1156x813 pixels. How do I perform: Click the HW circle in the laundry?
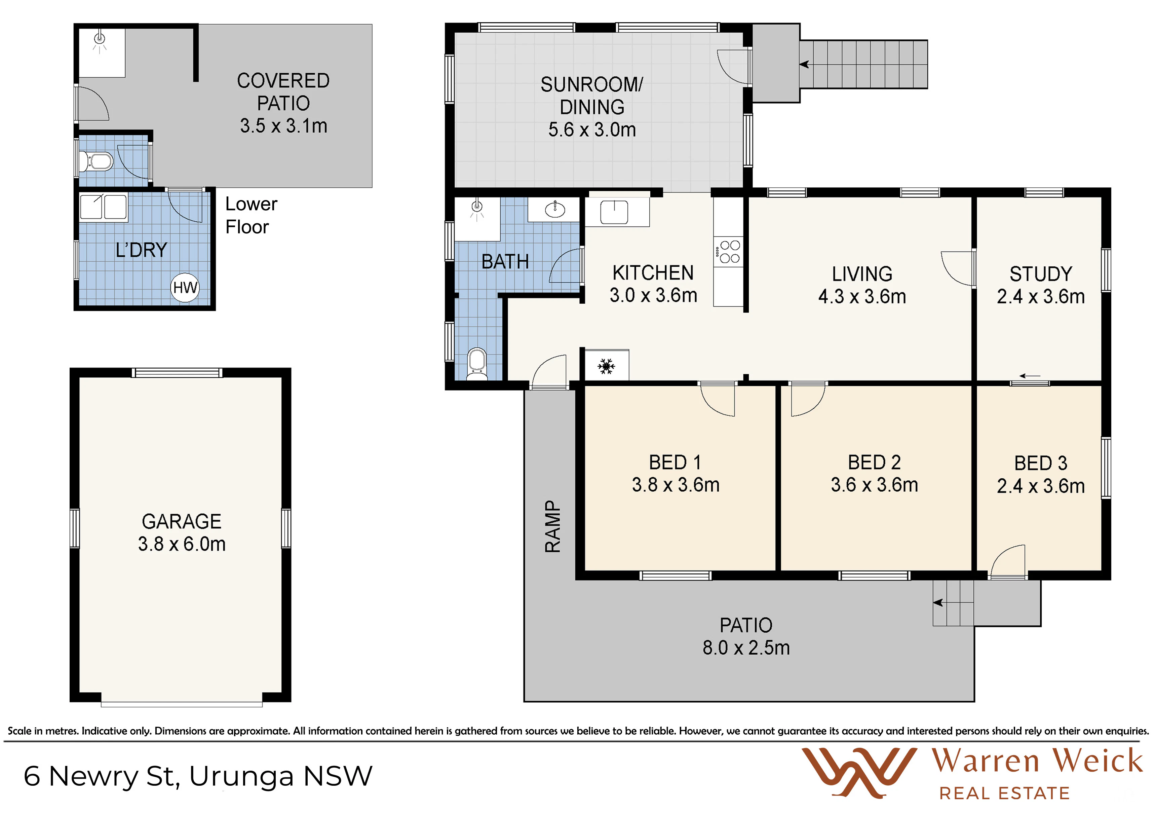tap(185, 288)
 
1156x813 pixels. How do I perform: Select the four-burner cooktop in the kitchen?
tap(728, 252)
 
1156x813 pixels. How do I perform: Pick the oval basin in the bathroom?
tap(555, 210)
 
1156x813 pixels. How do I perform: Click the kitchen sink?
tap(614, 212)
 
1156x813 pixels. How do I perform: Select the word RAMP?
tap(553, 526)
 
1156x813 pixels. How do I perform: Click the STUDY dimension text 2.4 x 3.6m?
tap(1041, 297)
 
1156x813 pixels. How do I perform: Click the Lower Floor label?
tap(251, 215)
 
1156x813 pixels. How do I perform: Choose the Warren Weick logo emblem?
tap(859, 773)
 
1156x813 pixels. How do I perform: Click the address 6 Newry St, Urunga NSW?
tap(198, 776)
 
